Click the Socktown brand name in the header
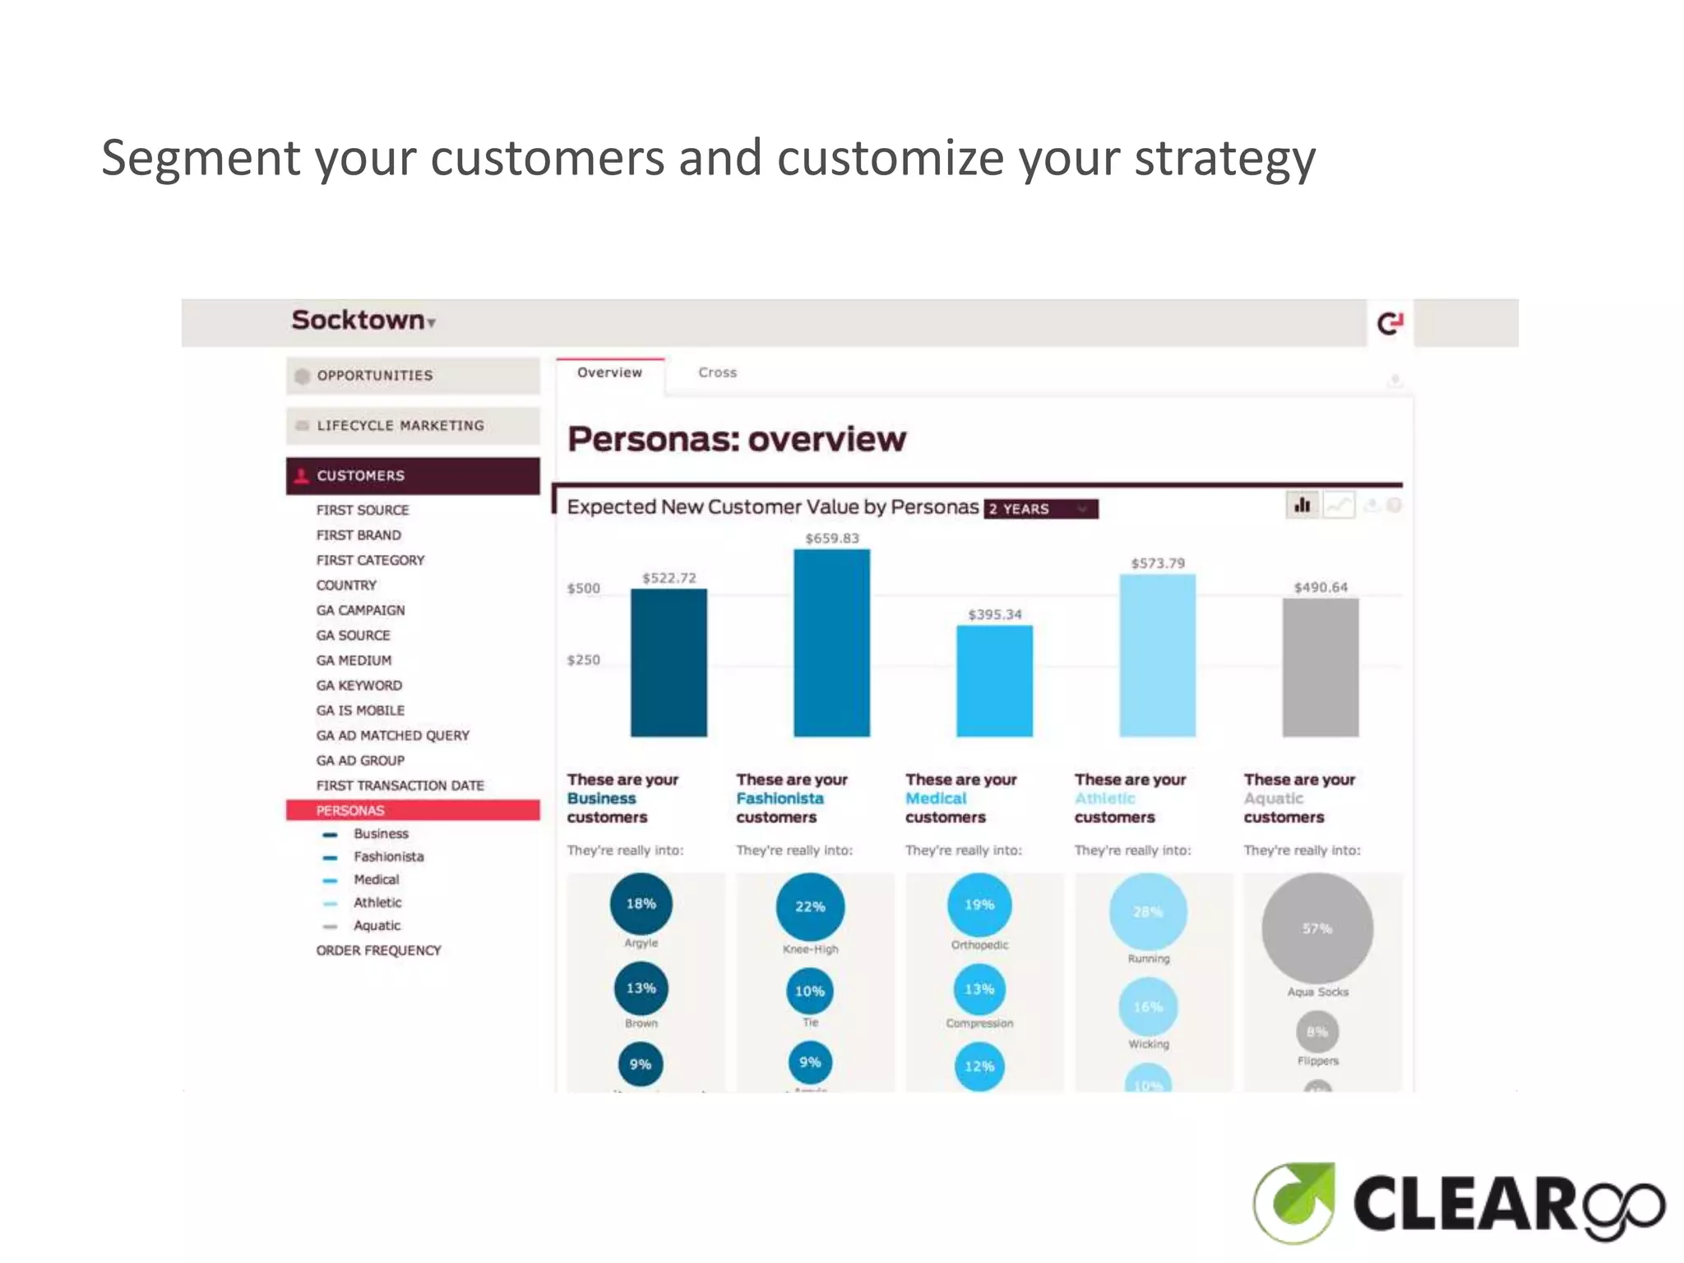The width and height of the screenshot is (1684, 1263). point(359,320)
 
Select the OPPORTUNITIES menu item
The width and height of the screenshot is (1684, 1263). point(374,376)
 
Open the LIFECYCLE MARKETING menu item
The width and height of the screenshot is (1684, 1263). point(400,426)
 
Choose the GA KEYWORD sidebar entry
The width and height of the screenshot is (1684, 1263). point(359,685)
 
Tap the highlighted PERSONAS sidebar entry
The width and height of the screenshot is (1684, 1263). point(350,810)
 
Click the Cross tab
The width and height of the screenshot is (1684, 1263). point(717,372)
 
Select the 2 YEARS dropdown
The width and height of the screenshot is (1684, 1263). point(1040,509)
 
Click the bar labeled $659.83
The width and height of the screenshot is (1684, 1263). point(831,642)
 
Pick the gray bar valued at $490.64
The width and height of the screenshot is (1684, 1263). point(1320,667)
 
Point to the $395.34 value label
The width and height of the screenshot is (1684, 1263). point(994,614)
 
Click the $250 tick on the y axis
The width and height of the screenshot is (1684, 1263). point(583,659)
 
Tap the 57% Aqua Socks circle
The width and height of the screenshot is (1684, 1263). point(1317,928)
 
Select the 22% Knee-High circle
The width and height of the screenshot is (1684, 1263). point(810,906)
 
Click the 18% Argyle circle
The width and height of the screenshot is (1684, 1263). point(641,904)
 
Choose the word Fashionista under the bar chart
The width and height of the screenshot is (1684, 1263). point(780,798)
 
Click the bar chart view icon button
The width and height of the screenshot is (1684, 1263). point(1302,505)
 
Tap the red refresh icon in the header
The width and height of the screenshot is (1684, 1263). point(1390,323)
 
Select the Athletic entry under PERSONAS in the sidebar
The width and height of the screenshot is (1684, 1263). point(377,902)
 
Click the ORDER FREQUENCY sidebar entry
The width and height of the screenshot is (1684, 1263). point(378,950)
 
